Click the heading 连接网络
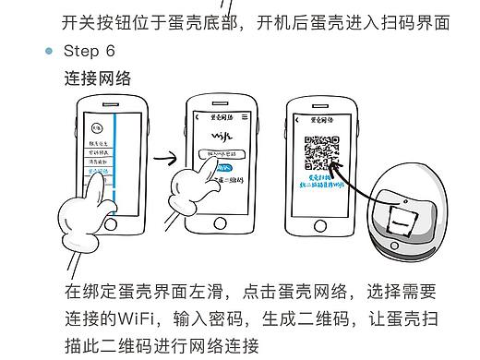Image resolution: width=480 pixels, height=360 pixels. pos(98,79)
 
